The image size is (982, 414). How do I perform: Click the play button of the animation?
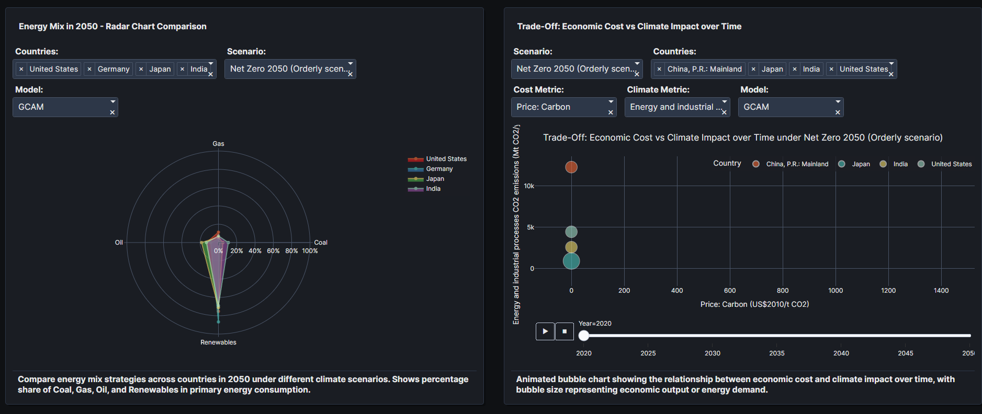[545, 331]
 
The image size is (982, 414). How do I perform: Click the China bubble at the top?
[571, 167]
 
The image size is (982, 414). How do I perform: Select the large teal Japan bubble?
[571, 261]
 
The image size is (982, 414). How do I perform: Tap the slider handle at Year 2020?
[584, 336]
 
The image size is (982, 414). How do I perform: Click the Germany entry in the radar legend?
[439, 169]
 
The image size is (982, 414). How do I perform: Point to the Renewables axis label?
[218, 342]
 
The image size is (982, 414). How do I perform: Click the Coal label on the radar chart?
[321, 243]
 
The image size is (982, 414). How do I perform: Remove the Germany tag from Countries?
[89, 69]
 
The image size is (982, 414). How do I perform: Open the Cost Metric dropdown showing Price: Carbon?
[563, 107]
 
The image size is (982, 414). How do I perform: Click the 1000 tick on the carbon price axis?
[836, 291]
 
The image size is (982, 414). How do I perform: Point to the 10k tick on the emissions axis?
[529, 186]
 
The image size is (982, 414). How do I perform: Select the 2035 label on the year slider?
[777, 353]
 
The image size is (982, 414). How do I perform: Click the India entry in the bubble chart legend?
[900, 164]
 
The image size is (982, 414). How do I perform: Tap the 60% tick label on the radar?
[273, 251]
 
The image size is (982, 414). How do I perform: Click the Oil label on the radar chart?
[119, 243]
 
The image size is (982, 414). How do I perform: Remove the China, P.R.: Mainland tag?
[659, 69]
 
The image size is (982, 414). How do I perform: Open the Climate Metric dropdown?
[676, 107]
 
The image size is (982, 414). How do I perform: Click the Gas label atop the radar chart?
[218, 144]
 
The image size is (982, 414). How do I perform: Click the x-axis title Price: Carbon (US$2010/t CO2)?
[754, 304]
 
